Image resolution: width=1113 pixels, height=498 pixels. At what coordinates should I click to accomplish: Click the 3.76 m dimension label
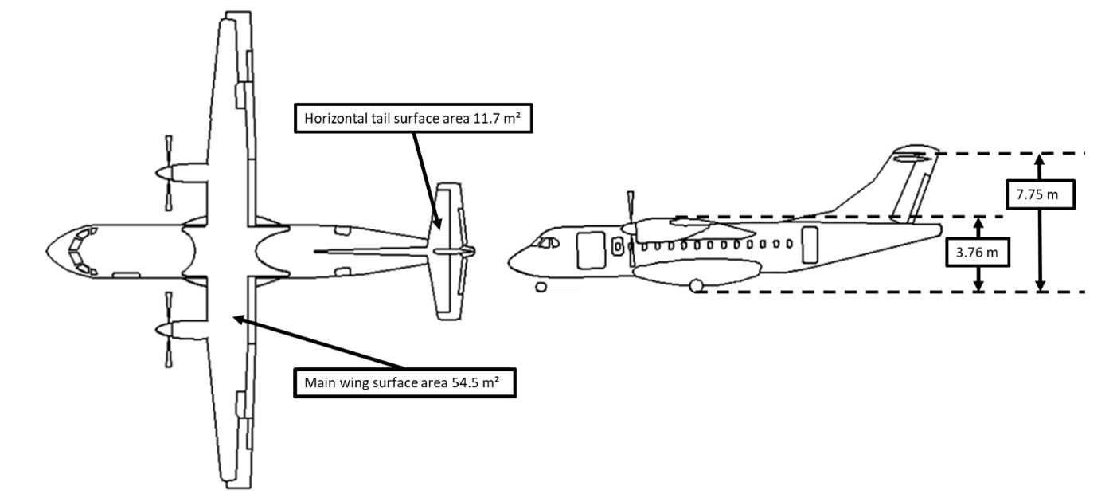(x=979, y=254)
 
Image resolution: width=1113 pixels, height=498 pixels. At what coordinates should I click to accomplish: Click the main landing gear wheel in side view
(x=697, y=285)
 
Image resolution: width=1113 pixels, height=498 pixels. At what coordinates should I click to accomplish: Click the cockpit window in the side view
(x=547, y=242)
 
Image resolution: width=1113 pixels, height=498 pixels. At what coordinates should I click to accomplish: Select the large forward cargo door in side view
(x=590, y=249)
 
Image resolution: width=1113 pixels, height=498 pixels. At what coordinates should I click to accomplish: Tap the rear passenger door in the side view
(x=809, y=245)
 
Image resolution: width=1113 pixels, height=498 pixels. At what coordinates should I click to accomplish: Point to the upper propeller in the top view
(x=168, y=172)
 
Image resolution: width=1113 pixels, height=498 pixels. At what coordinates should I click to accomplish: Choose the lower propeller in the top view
(x=168, y=329)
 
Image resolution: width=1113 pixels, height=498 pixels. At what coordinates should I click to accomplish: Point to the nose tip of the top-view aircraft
(x=47, y=250)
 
